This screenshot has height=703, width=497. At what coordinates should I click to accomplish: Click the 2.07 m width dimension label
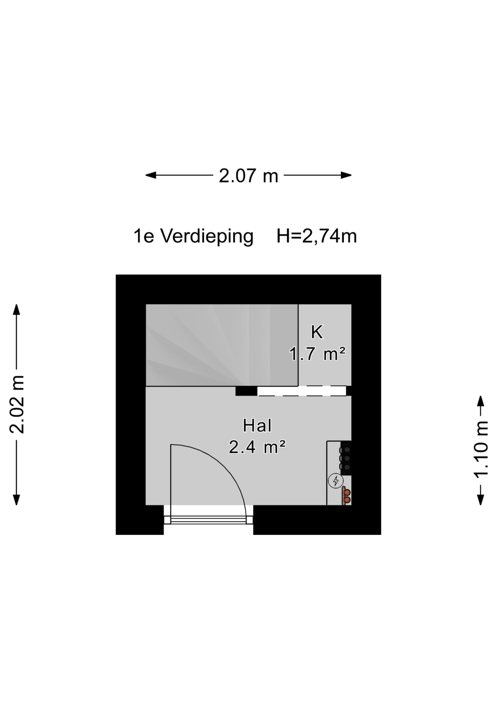pos(248,176)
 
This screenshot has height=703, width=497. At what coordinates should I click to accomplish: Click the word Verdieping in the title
pos(207,237)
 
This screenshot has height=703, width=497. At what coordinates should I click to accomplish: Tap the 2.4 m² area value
pos(257,448)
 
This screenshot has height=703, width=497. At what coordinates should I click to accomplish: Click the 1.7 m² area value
pos(317,354)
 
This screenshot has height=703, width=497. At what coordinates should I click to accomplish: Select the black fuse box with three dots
pos(346,458)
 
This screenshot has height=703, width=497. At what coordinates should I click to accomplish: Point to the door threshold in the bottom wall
pos(208,520)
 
